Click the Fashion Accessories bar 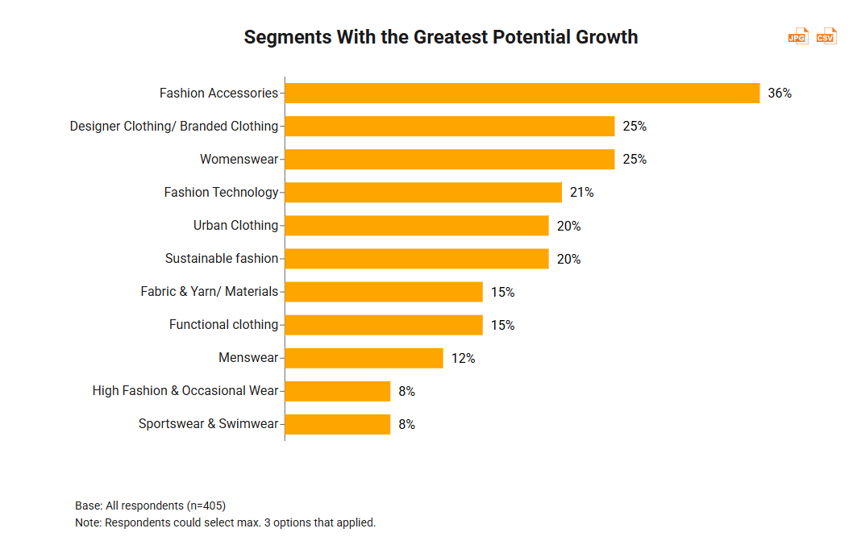(522, 93)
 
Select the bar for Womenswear (450, 159)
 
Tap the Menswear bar (364, 358)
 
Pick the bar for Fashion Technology (423, 192)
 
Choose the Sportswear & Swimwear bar (338, 424)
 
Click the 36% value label (780, 93)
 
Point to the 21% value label (581, 192)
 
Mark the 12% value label (463, 358)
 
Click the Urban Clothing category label (235, 225)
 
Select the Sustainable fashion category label (222, 259)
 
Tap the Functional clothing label (223, 325)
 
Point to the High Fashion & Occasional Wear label (185, 391)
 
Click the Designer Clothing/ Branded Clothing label (174, 126)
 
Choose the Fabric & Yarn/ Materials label (210, 292)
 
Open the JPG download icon (797, 36)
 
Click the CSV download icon (826, 36)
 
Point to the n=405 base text (206, 506)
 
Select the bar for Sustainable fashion (417, 259)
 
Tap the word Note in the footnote (88, 522)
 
